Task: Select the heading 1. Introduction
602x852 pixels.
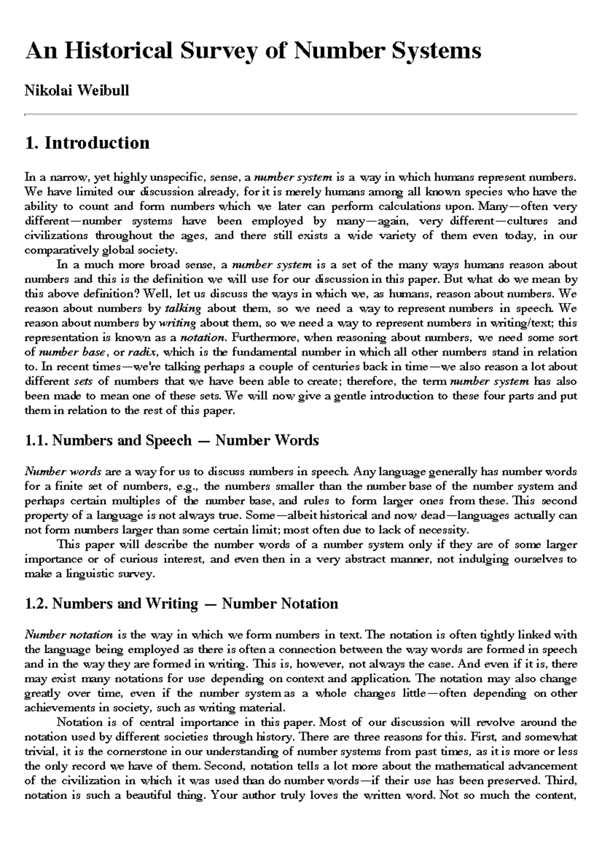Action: pyautogui.click(x=87, y=143)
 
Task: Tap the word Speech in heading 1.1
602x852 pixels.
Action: pyautogui.click(x=169, y=441)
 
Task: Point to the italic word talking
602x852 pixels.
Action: pyautogui.click(x=183, y=308)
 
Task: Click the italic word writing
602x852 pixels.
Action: pyautogui.click(x=177, y=323)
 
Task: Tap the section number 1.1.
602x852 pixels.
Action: pyautogui.click(x=36, y=441)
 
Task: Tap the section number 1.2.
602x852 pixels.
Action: pyautogui.click(x=36, y=603)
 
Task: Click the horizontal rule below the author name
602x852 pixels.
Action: pyautogui.click(x=301, y=114)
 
